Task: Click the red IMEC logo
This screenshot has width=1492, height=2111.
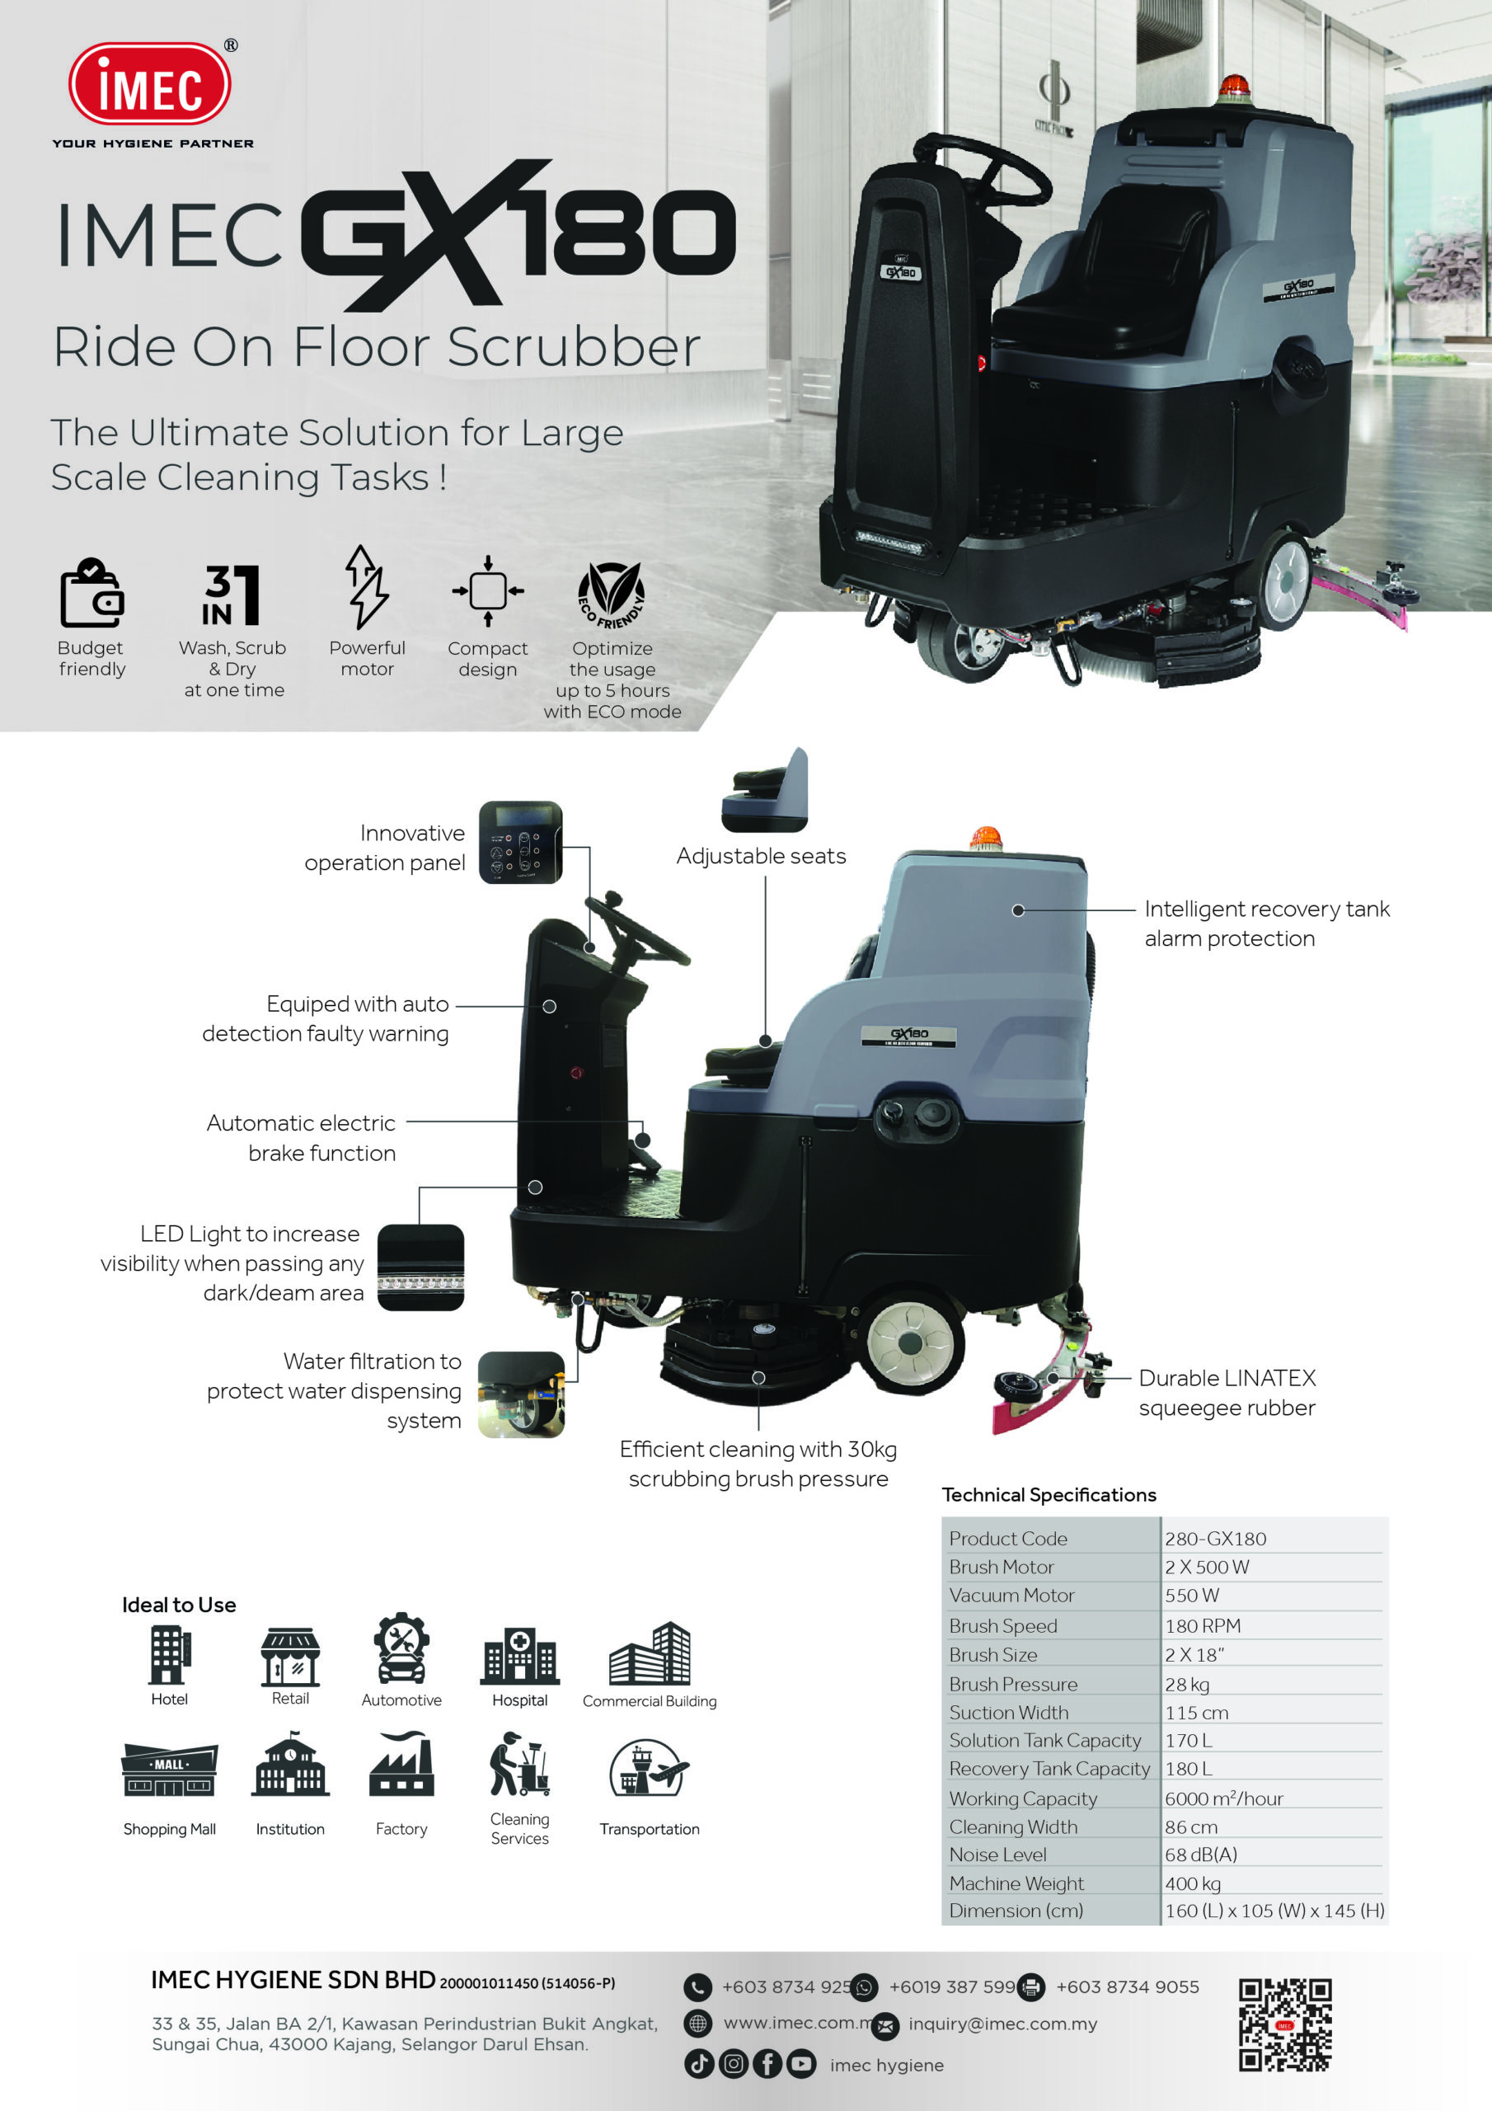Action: tap(150, 85)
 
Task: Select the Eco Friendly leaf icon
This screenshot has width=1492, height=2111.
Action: tap(612, 593)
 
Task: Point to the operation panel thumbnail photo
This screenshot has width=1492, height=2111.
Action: tap(520, 842)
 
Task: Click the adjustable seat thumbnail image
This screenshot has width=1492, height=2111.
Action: tap(766, 790)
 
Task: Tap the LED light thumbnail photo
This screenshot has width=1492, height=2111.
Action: tap(421, 1267)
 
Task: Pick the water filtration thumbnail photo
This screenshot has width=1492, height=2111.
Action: tap(521, 1394)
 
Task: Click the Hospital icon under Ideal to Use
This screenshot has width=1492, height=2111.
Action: tap(519, 1656)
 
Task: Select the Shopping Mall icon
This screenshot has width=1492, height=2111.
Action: tap(170, 1770)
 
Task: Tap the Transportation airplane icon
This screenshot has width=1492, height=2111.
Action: tap(649, 1767)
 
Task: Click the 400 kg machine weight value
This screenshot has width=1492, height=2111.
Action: tap(1192, 1883)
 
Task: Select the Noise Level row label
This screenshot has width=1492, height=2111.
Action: tap(997, 1855)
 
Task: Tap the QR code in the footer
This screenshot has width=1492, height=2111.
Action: tap(1284, 2024)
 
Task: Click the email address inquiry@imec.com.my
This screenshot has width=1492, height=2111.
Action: tap(1002, 2024)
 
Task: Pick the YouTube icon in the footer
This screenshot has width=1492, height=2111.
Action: tap(800, 2064)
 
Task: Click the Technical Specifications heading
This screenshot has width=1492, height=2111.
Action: tap(1049, 1495)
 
